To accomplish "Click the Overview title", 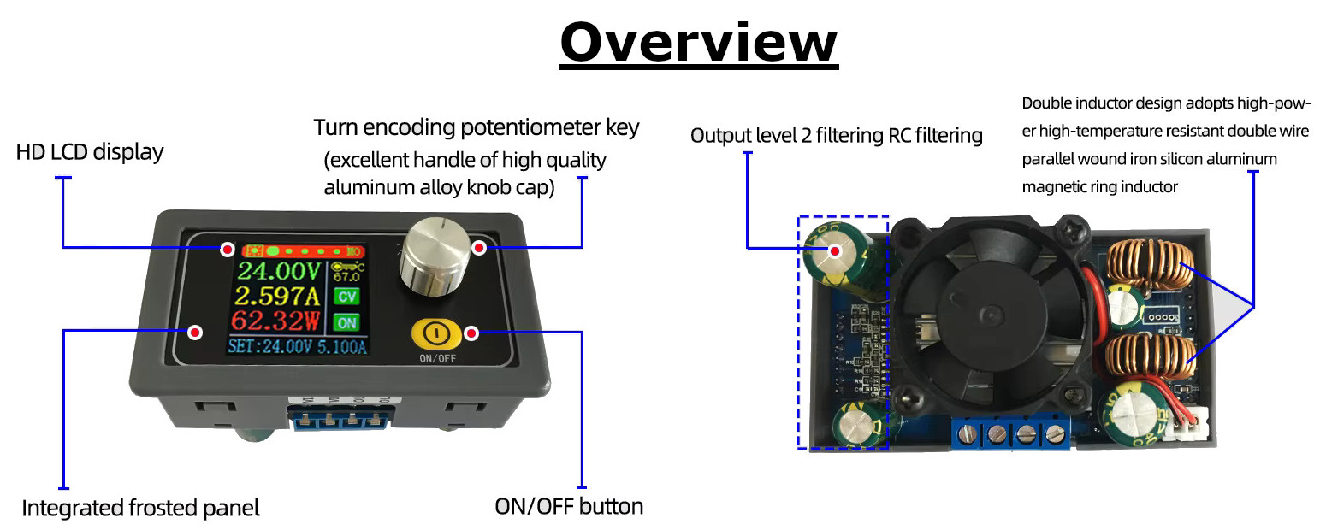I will pos(699,42).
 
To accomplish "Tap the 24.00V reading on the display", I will pos(279,272).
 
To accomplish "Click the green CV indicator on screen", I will pos(346,297).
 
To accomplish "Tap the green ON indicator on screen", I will pos(346,323).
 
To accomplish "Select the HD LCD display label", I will pos(90,153).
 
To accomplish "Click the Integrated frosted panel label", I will pos(140,508).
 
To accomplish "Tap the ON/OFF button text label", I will pos(569,506).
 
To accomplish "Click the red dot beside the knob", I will pos(479,248).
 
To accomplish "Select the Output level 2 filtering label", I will pos(836,135).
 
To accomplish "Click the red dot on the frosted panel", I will pos(195,332).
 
